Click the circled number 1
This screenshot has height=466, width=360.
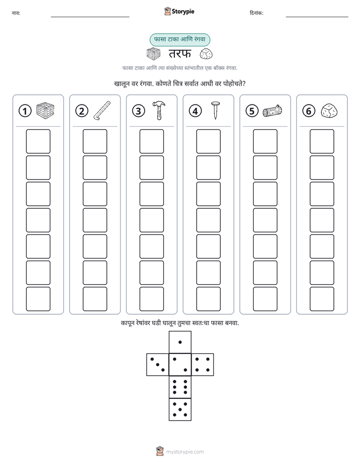[25, 111]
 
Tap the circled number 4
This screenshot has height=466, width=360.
[195, 111]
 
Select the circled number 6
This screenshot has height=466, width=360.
[309, 111]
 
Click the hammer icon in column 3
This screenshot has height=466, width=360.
[159, 110]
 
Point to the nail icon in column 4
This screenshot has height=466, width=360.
[215, 110]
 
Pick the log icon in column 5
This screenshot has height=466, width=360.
[272, 110]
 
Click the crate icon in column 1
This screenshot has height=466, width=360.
[45, 110]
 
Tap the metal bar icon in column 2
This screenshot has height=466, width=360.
[102, 110]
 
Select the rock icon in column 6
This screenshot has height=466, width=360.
[329, 110]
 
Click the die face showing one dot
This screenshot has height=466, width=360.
[180, 342]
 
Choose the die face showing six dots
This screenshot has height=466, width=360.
[180, 387]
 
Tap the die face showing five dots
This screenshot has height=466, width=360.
[180, 409]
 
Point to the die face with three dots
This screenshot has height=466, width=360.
[158, 364]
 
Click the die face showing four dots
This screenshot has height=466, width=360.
[203, 364]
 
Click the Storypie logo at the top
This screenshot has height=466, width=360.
[179, 11]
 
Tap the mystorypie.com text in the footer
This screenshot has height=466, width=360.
[185, 452]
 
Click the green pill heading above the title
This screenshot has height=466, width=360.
[179, 39]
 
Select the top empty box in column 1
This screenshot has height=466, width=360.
[38, 141]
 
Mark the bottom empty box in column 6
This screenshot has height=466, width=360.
[322, 299]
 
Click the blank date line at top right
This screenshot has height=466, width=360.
[317, 17]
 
